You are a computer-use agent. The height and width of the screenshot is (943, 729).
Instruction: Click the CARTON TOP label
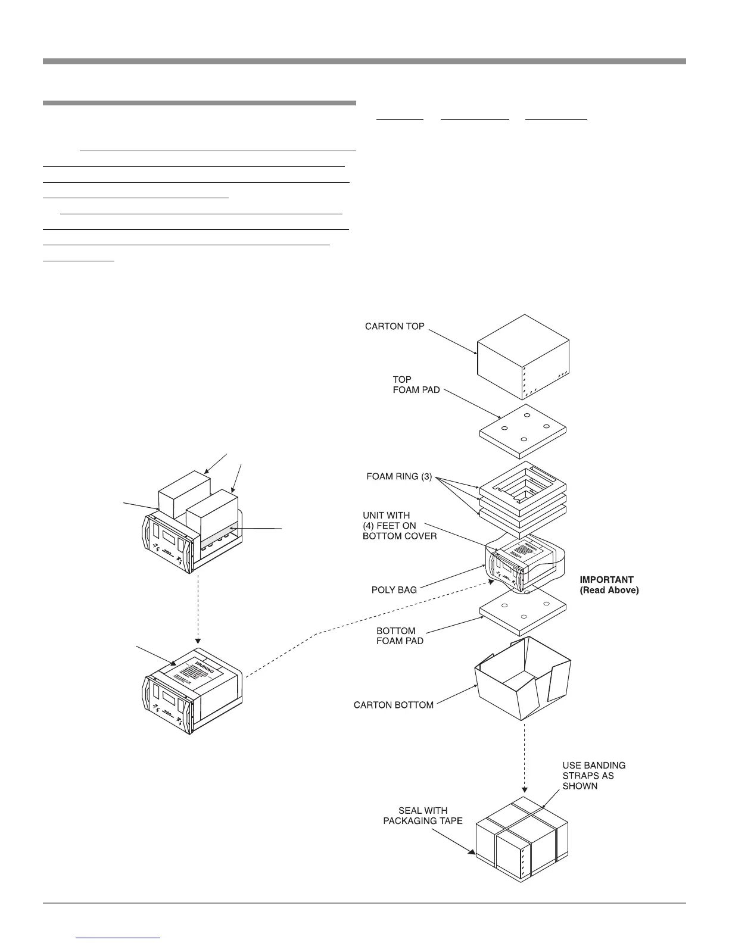[x=394, y=326]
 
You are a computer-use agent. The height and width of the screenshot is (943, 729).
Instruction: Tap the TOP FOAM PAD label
[x=416, y=385]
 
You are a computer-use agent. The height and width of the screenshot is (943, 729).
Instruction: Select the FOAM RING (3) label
[x=398, y=477]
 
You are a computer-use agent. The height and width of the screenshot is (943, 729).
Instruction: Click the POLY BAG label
[x=394, y=590]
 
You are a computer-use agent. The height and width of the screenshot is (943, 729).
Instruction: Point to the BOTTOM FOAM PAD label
[x=400, y=636]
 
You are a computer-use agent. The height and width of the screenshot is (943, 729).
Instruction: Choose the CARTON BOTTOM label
[x=393, y=705]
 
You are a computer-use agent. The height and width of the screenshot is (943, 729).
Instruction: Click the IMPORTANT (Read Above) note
[x=609, y=585]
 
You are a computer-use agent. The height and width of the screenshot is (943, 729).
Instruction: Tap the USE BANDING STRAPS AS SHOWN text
[x=593, y=776]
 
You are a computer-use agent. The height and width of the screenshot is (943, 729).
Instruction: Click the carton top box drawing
[x=524, y=358]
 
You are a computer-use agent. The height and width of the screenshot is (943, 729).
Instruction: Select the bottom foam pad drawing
[x=523, y=612]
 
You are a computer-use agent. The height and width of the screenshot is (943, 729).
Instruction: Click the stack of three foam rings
[x=523, y=494]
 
